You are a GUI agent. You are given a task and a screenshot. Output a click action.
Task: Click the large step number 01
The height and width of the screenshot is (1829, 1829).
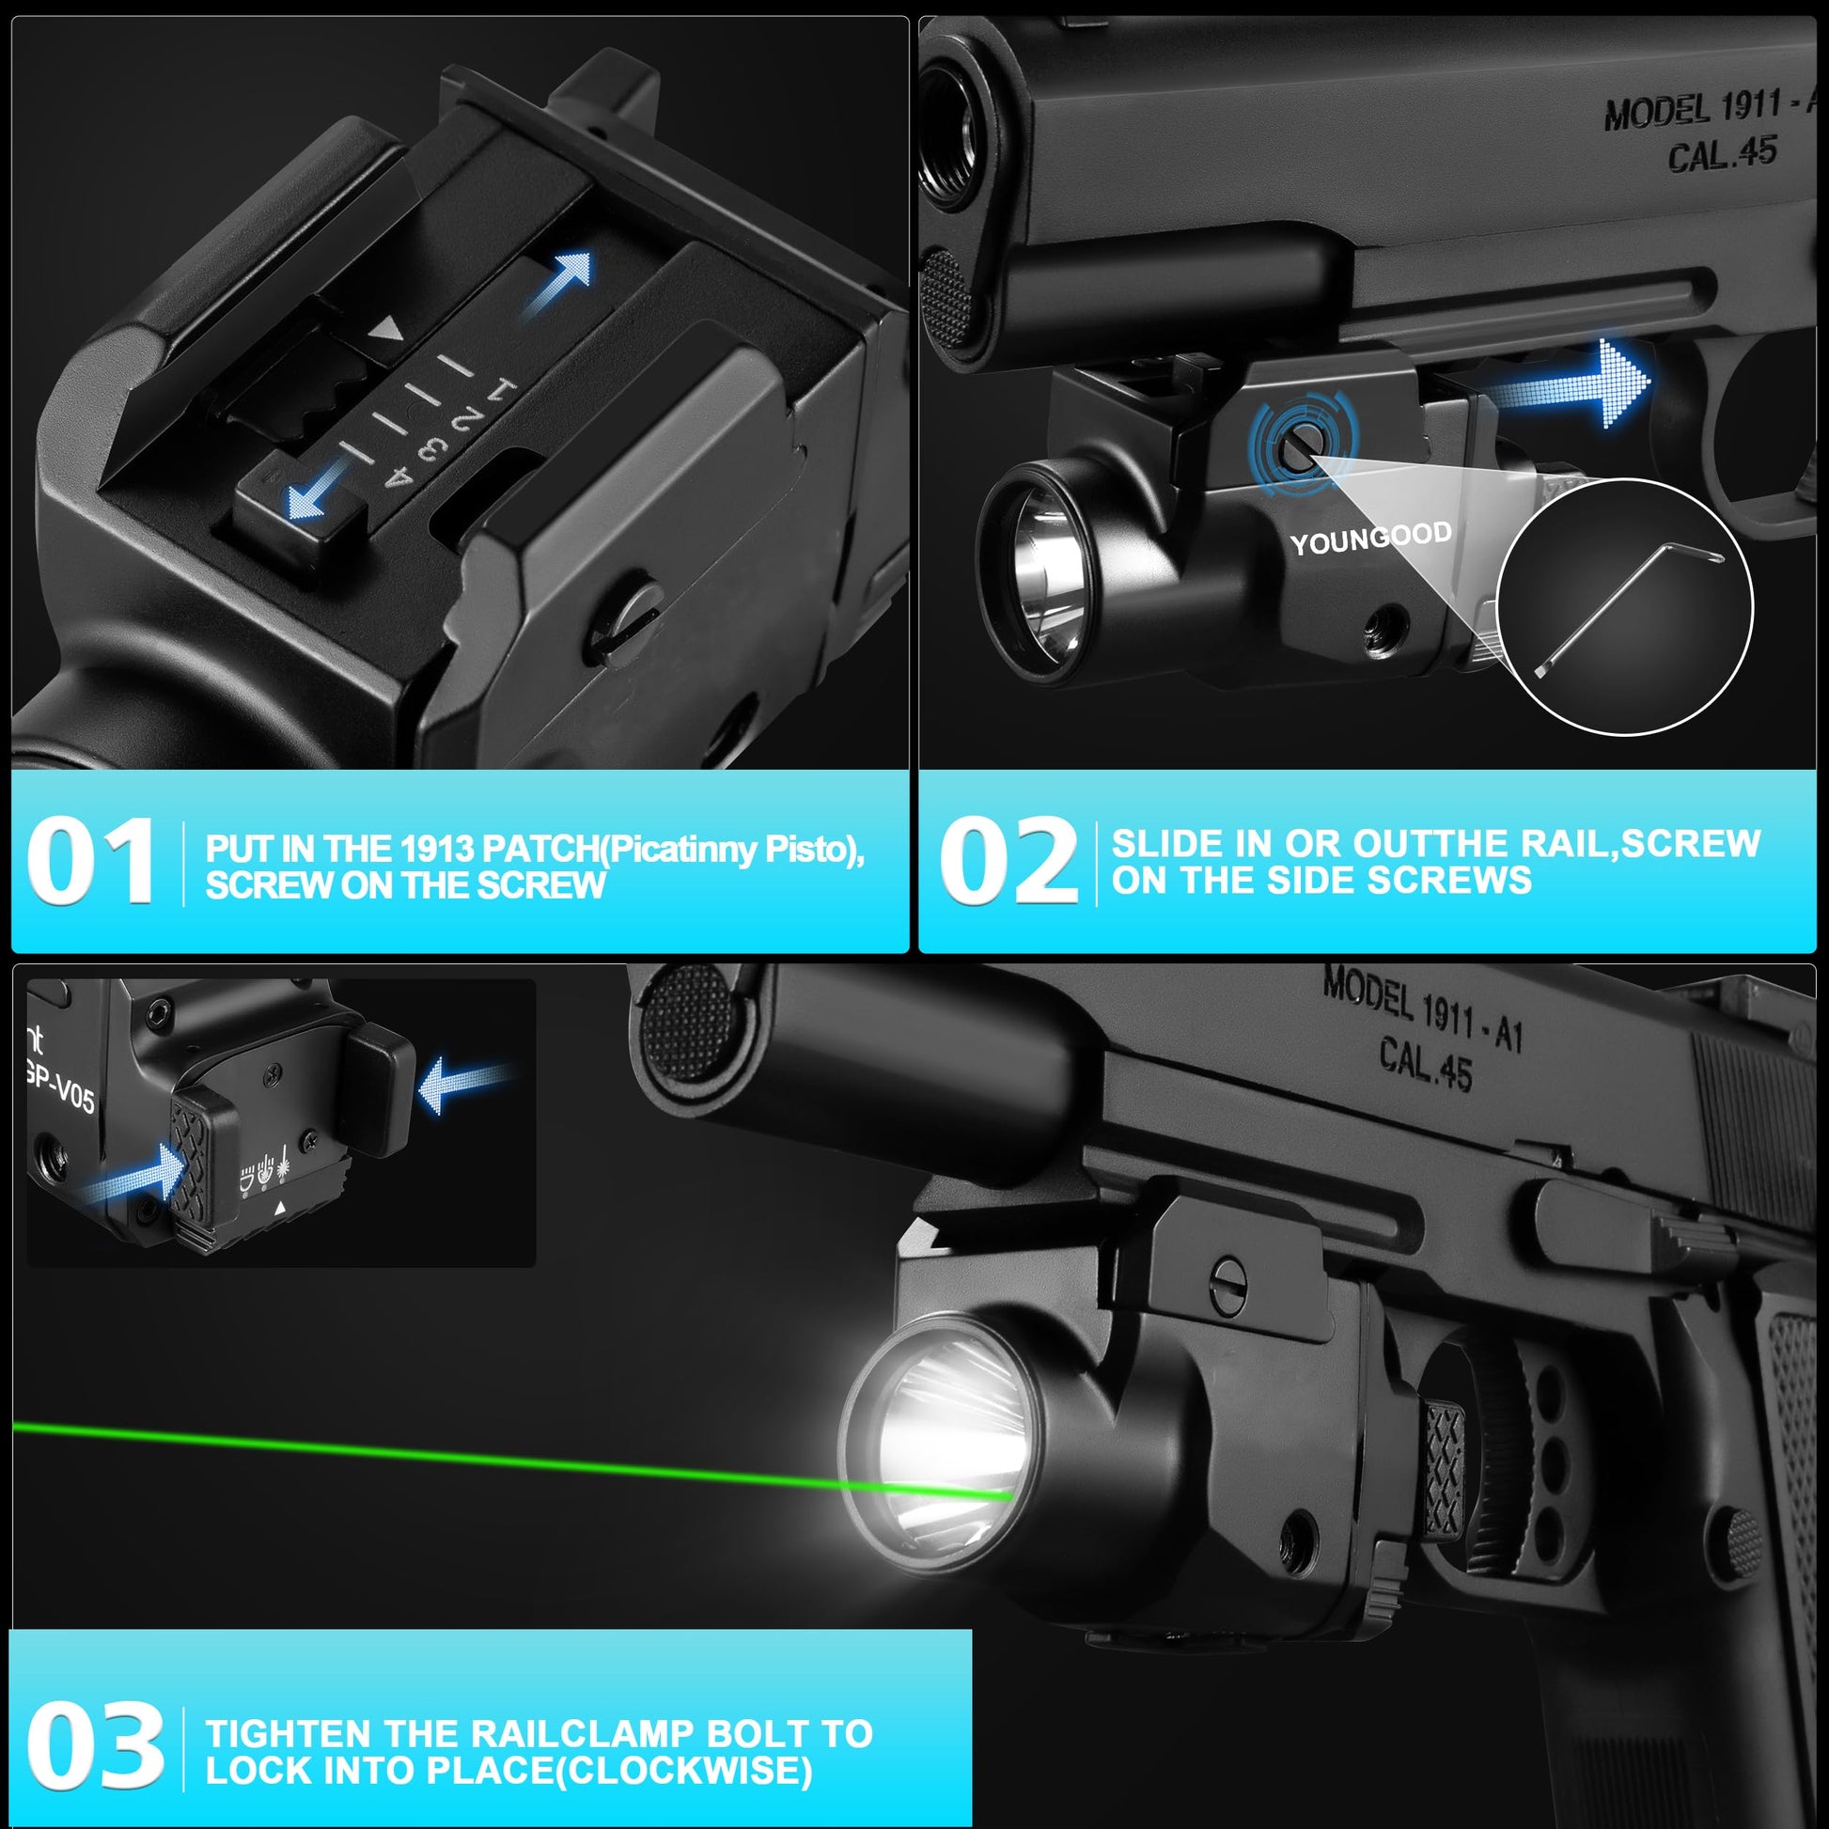(x=91, y=861)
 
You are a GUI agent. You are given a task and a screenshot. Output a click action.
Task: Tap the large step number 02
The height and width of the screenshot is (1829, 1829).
(x=1008, y=861)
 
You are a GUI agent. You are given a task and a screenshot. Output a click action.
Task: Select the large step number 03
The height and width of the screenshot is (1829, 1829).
(x=96, y=1744)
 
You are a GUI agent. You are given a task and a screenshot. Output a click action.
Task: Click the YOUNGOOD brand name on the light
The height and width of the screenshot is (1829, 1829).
(x=1370, y=539)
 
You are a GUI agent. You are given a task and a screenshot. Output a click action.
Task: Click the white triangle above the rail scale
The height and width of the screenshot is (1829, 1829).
(x=387, y=331)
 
